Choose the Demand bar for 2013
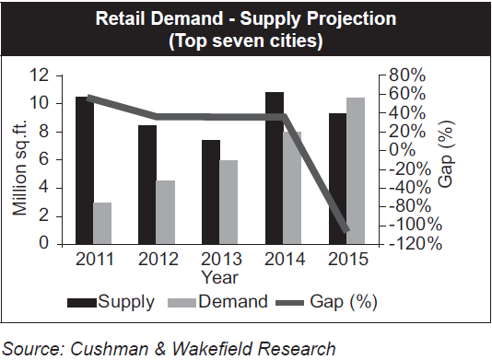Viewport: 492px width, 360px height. (228, 203)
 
